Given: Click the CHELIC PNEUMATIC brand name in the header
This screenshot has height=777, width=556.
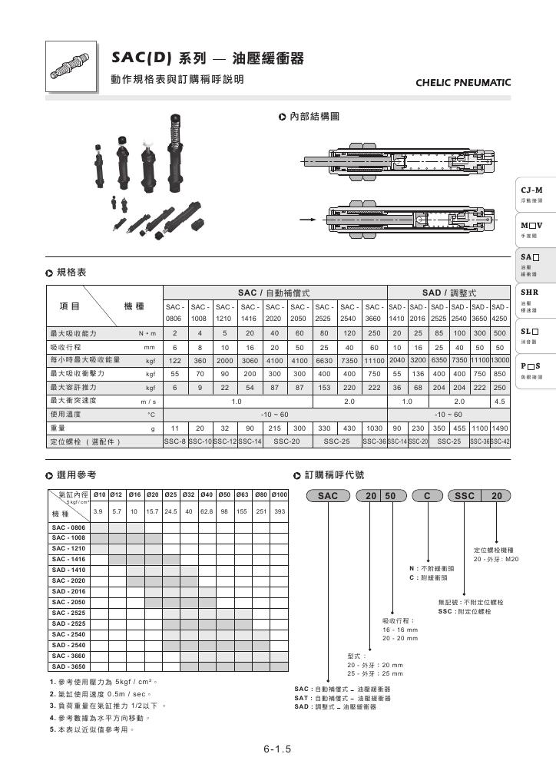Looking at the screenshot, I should click(462, 82).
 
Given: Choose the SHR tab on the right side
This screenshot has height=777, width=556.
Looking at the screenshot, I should click(531, 293).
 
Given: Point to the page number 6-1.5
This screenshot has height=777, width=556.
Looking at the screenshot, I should click(277, 749).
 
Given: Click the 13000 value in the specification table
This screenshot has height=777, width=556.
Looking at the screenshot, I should click(499, 359).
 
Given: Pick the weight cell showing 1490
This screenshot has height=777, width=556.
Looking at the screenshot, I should click(499, 428).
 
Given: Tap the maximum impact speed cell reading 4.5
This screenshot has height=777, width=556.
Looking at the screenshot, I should click(499, 401).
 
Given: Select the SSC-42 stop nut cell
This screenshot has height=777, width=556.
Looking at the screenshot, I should click(499, 442).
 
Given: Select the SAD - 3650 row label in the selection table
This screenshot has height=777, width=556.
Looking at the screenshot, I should click(69, 666).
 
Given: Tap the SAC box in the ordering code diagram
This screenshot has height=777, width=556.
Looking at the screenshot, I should click(328, 496).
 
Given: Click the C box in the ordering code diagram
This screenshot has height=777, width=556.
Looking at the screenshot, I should click(427, 496).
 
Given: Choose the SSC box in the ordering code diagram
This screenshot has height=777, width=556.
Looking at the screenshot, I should click(465, 496).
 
